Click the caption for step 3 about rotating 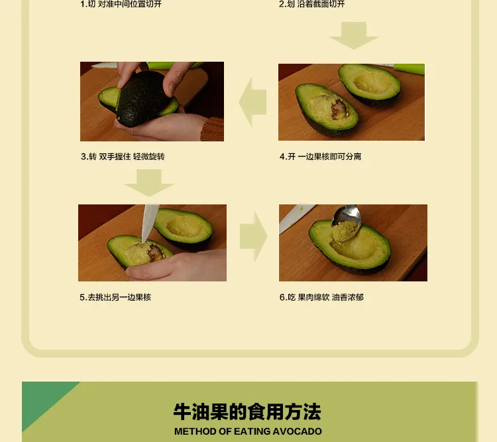pyautogui.click(x=123, y=157)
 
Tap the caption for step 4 pyautogui.click(x=321, y=157)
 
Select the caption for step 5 pyautogui.click(x=115, y=297)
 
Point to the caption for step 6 pyautogui.click(x=321, y=297)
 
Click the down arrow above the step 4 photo pyautogui.click(x=354, y=35)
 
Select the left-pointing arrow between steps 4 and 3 pyautogui.click(x=252, y=102)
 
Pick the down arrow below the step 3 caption pyautogui.click(x=148, y=183)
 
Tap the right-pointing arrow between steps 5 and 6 pyautogui.click(x=254, y=236)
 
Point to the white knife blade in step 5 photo pyautogui.click(x=149, y=222)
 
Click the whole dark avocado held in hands pyautogui.click(x=141, y=98)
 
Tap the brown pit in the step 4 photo pyautogui.click(x=339, y=109)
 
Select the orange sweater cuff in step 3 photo pyautogui.click(x=212, y=129)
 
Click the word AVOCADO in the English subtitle pyautogui.click(x=297, y=431)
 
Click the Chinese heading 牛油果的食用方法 pyautogui.click(x=247, y=412)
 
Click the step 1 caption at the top pyautogui.click(x=121, y=4)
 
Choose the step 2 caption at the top pyautogui.click(x=311, y=4)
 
